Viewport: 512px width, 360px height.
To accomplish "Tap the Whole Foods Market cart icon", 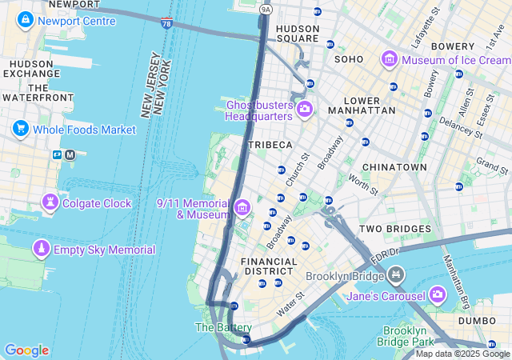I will tap(21, 129).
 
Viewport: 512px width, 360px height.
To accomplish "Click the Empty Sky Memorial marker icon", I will tap(40, 250).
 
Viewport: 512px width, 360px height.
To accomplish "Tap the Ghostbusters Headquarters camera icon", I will tap(304, 110).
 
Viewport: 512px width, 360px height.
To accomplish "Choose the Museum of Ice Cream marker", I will tap(390, 59).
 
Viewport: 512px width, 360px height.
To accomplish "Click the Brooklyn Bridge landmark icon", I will tap(395, 277).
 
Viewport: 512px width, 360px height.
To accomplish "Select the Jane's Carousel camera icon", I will tap(437, 296).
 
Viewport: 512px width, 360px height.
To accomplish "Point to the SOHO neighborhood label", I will tap(349, 59).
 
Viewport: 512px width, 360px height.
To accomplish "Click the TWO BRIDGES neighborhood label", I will tap(394, 229).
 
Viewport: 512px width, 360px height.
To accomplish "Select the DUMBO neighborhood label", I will tap(477, 321).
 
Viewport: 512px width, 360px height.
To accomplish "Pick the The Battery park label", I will tap(223, 327).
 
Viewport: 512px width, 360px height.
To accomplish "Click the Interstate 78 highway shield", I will tap(166, 25).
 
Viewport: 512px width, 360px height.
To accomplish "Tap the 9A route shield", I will tap(266, 10).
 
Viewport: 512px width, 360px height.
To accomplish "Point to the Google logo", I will tap(26, 350).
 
